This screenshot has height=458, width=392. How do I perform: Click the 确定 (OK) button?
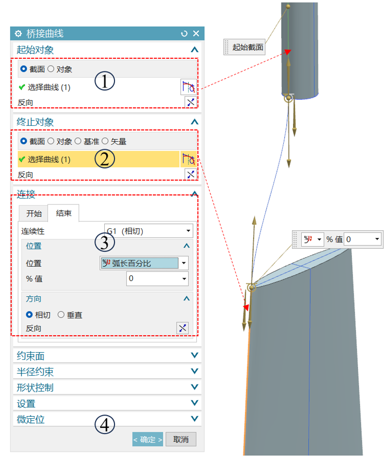click(147, 440)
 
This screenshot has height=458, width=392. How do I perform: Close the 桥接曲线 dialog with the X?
click(196, 34)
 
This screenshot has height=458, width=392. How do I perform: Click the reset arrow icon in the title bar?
click(184, 34)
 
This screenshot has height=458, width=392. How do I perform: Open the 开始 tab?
click(34, 214)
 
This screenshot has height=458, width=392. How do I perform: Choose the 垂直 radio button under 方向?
click(61, 315)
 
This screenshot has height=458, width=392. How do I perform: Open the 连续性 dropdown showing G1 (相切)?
click(148, 231)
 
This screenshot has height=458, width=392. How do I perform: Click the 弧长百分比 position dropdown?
click(144, 263)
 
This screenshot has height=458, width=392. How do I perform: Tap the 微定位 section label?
click(31, 419)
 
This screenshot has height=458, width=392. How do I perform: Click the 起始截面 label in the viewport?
click(247, 47)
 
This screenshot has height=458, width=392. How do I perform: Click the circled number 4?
click(104, 425)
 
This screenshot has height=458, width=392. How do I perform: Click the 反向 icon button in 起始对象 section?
click(190, 102)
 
